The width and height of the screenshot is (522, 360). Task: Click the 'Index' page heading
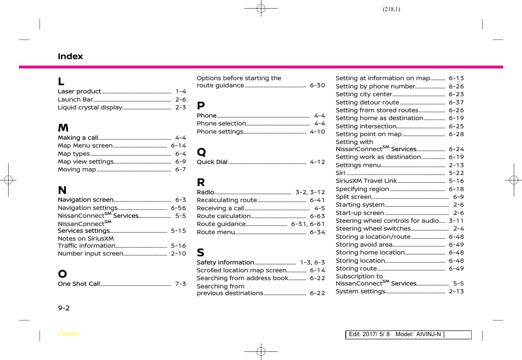pos(70,56)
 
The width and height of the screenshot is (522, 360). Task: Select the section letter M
pos(63,128)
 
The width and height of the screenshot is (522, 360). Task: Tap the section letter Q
pos(201,152)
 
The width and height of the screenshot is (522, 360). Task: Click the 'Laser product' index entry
pos(79,92)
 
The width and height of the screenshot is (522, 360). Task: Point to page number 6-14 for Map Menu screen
pos(178,145)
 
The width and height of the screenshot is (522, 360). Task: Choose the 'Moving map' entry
pos(77,170)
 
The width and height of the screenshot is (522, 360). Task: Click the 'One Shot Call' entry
pos(79,284)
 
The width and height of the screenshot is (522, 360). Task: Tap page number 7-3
pos(180,284)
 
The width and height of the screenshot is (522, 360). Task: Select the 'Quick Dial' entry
pos(212,162)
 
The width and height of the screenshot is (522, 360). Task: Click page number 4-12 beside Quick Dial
pos(317,162)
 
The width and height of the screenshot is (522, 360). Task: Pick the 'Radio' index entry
pos(205,192)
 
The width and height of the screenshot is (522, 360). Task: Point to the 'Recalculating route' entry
pos(227,200)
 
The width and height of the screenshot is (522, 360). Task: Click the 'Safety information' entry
pos(225,262)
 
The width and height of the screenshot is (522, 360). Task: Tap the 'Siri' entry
pos(341,173)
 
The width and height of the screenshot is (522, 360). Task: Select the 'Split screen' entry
pos(354,197)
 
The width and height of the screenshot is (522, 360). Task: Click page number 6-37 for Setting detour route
pos(456,102)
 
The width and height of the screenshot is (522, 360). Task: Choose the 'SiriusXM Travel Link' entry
pos(366,181)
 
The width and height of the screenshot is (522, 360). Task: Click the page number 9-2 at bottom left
pos(64,308)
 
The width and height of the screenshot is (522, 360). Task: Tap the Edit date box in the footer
pos(408,334)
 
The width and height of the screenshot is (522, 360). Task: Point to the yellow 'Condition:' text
pos(69,334)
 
